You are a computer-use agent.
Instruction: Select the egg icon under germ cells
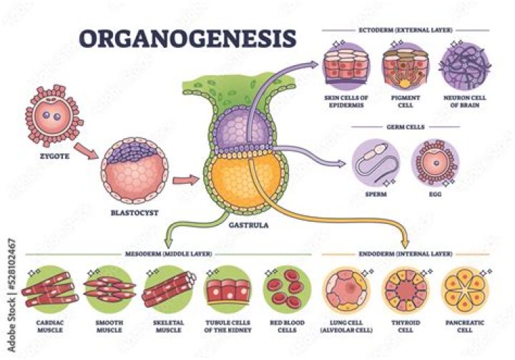[x=435, y=164]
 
